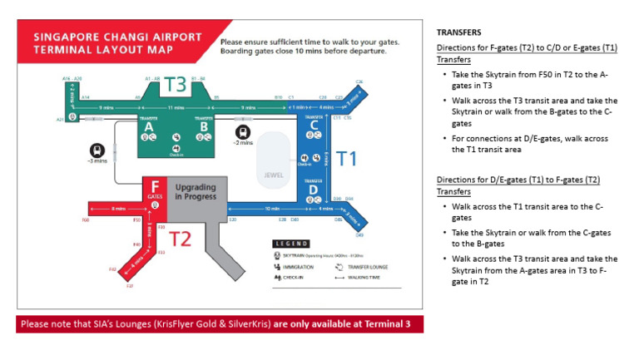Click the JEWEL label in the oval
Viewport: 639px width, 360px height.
275,175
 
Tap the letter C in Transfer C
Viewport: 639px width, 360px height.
314,125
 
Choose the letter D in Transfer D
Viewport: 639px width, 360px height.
314,190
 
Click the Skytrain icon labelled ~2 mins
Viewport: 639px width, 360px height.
243,131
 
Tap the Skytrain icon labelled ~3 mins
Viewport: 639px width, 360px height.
97,150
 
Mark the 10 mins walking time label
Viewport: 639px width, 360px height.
272,209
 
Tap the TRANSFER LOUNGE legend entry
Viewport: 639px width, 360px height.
364,267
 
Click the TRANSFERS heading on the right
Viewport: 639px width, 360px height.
458,32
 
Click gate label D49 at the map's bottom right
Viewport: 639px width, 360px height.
360,235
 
